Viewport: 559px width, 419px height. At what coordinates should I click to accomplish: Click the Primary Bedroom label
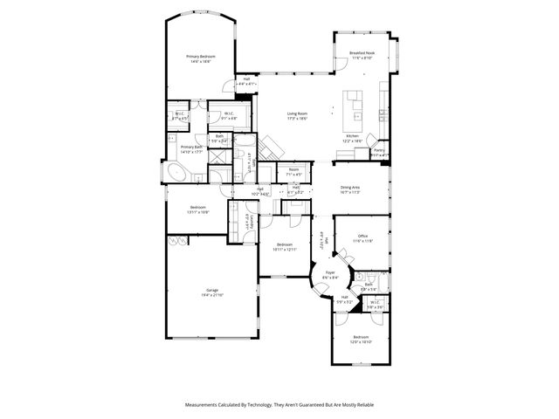[x=200, y=56]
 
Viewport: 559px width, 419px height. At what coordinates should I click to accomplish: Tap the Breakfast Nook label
[x=362, y=52]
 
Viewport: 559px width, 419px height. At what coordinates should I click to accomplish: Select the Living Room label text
[x=297, y=113]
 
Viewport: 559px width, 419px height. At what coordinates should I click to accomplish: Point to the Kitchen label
[x=352, y=136]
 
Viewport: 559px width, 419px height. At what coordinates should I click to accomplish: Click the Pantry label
[x=378, y=150]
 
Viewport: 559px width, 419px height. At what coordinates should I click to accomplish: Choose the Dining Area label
[x=350, y=187]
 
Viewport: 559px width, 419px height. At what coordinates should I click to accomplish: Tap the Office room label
[x=362, y=236]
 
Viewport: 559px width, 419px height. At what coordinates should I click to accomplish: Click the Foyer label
[x=329, y=272]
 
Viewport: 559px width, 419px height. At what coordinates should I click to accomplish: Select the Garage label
[x=212, y=290]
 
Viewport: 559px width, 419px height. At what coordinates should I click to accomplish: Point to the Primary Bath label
[x=192, y=147]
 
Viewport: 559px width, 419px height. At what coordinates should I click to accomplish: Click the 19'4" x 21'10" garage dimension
[x=212, y=296]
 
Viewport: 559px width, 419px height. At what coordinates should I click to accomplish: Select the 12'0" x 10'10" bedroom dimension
[x=362, y=342]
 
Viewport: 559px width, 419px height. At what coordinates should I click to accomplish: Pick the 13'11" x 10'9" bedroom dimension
[x=197, y=212]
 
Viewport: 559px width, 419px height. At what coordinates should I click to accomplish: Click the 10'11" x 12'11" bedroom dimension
[x=285, y=250]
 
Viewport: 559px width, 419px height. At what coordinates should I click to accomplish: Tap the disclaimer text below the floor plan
[x=279, y=405]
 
